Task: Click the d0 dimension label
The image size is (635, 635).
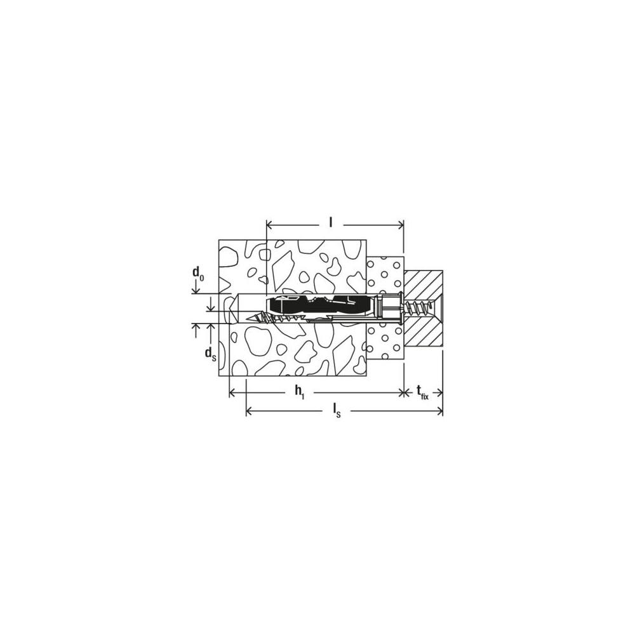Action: point(198,274)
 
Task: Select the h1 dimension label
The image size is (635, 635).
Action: point(300,392)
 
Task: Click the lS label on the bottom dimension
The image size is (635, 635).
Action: point(337,411)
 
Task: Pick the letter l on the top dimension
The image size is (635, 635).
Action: point(330,222)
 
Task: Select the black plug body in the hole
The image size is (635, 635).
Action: point(320,305)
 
